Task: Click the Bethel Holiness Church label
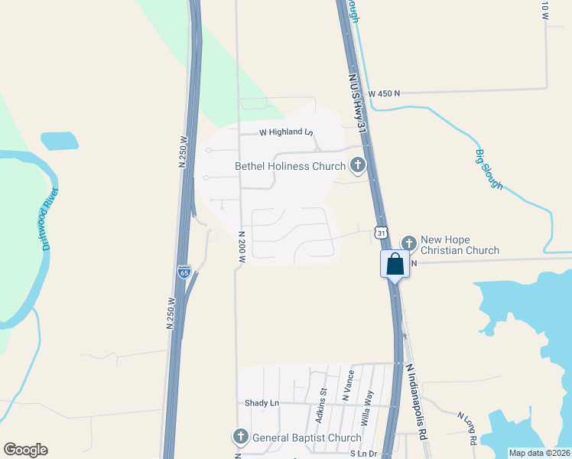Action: [x=290, y=166]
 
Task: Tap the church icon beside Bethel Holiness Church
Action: [x=357, y=164]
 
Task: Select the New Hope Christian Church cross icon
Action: [x=408, y=243]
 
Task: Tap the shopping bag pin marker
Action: [x=395, y=265]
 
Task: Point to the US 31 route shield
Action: [x=381, y=232]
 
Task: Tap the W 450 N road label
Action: [x=384, y=93]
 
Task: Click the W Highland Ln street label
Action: [x=286, y=132]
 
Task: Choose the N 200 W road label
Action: [x=241, y=247]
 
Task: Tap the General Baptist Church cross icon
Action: [x=240, y=437]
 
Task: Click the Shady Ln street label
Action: [x=262, y=403]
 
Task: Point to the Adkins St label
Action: [x=322, y=405]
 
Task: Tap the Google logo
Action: [x=25, y=450]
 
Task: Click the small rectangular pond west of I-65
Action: [x=59, y=141]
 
